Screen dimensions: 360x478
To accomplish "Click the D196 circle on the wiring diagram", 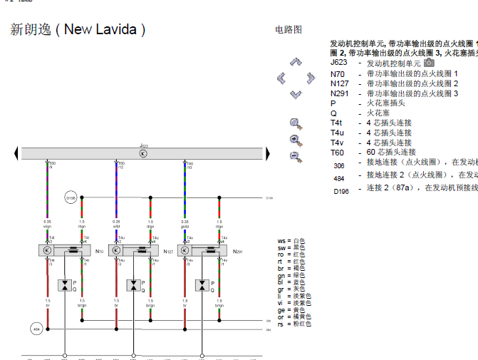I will pyautogui.click(x=71, y=197).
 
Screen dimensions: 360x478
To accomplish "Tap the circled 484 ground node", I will pyautogui.click(x=36, y=329).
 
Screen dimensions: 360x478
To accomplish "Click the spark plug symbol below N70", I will pyautogui.click(x=66, y=285).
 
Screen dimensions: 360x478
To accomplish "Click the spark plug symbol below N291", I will pyautogui.click(x=202, y=285).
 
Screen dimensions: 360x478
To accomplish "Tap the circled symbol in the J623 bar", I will pyautogui.click(x=142, y=153).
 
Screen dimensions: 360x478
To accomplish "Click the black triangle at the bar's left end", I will pyautogui.click(x=15, y=153).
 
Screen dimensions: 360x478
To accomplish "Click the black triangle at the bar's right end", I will pyautogui.click(x=268, y=153).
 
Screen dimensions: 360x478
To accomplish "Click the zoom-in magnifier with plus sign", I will pyautogui.click(x=292, y=123).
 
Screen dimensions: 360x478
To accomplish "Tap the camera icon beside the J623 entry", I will pyautogui.click(x=429, y=63).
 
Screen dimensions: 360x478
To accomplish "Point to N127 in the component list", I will pyautogui.click(x=340, y=83).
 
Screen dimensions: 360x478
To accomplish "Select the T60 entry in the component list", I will pyautogui.click(x=337, y=152).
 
